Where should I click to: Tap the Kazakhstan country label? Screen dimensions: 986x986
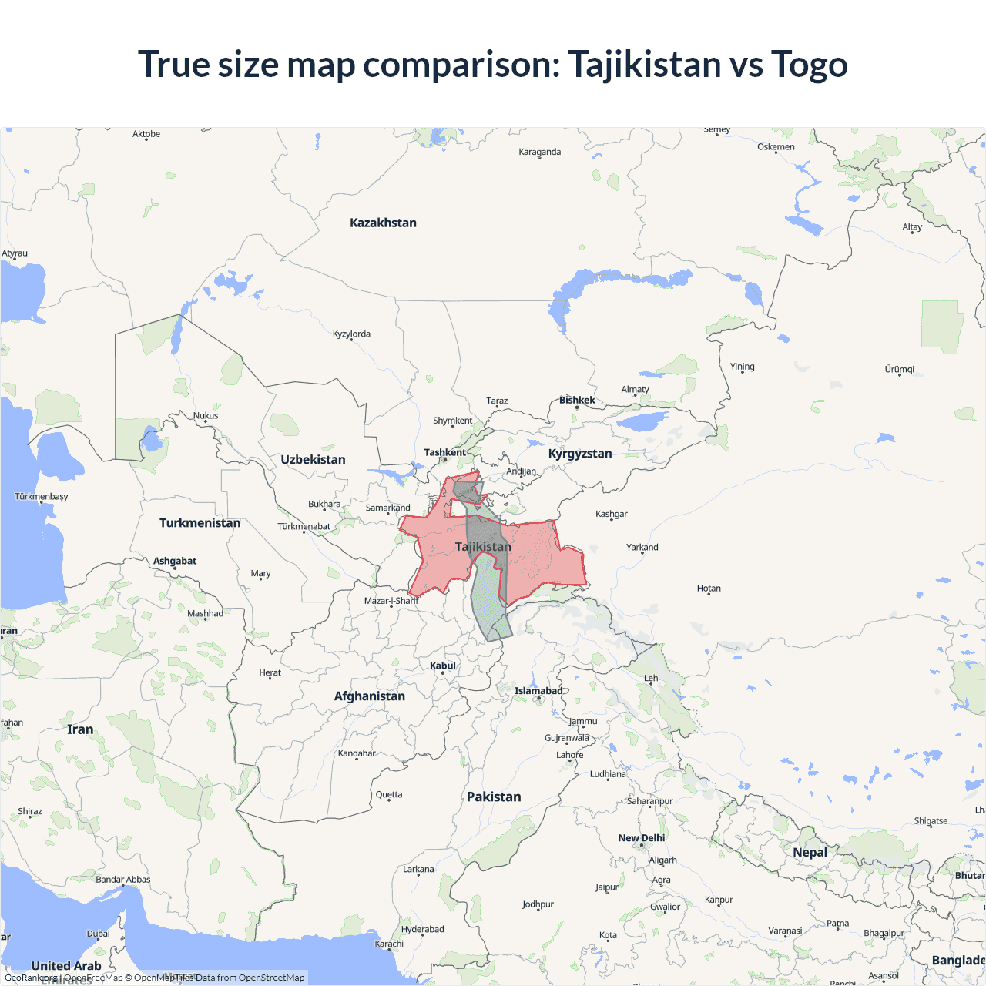(383, 223)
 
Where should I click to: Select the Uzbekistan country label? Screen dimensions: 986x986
(313, 459)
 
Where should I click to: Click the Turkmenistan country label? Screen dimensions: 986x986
(200, 522)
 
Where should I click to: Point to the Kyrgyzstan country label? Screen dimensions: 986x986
(580, 453)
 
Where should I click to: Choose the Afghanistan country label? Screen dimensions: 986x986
(369, 696)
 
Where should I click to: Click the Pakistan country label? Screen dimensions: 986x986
(494, 797)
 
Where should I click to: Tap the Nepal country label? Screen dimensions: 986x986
(810, 852)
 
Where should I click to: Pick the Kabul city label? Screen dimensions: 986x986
(443, 666)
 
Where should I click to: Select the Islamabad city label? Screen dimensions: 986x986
(538, 690)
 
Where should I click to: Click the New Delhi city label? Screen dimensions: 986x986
(641, 837)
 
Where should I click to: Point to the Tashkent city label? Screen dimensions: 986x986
(444, 452)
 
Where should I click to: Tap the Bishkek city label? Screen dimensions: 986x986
(577, 400)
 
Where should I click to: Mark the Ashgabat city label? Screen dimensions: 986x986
(175, 561)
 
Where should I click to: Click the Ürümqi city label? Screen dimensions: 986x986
(900, 369)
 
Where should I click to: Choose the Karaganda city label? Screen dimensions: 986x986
(539, 152)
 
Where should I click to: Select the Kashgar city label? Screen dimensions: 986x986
(612, 514)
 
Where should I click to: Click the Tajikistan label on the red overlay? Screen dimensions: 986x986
(483, 546)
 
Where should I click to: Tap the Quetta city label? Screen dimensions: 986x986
(389, 794)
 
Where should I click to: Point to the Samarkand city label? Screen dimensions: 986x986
(387, 508)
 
